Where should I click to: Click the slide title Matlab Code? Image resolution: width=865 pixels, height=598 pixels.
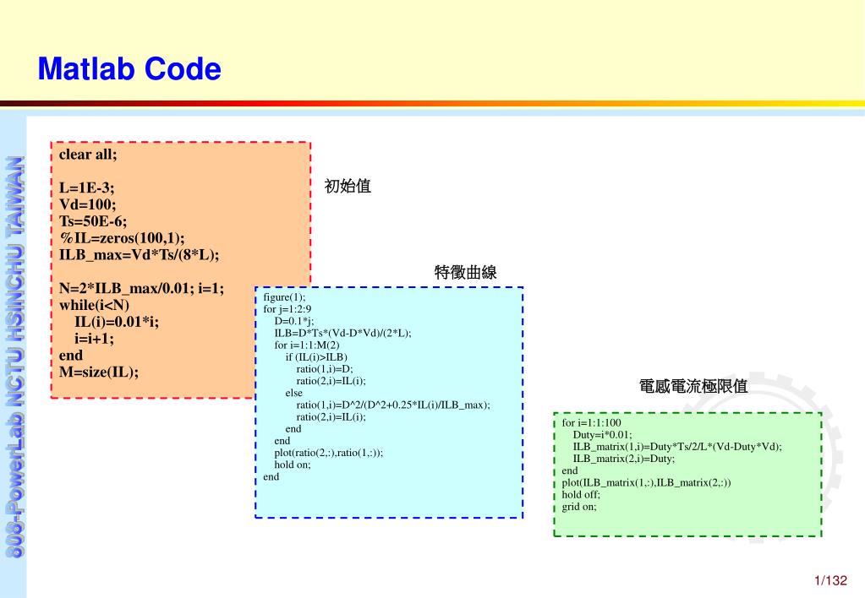129,69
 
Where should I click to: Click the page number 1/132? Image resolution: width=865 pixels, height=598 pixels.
830,580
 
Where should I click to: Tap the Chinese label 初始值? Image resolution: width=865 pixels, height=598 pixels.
348,186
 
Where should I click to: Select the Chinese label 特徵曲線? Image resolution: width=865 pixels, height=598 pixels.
465,272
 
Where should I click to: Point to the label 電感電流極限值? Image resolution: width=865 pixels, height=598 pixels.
693,386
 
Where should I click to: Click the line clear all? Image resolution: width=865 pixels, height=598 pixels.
88,154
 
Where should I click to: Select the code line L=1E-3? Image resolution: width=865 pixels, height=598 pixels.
86,188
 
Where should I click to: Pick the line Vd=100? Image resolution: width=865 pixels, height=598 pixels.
88,204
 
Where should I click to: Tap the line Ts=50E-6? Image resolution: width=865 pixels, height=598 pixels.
93,221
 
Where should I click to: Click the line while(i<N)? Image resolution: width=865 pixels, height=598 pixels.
95,305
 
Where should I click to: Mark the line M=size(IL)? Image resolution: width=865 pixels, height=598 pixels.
99,372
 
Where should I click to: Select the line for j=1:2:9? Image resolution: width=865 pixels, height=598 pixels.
287,309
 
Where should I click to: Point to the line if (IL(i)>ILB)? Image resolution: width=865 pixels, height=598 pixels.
316,356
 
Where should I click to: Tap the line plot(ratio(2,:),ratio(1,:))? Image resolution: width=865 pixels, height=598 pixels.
328,452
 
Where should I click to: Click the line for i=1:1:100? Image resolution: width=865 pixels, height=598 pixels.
591,423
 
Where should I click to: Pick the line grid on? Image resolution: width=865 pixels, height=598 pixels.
579,507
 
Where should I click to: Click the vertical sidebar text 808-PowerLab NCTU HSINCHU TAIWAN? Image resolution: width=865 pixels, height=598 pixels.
14,355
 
